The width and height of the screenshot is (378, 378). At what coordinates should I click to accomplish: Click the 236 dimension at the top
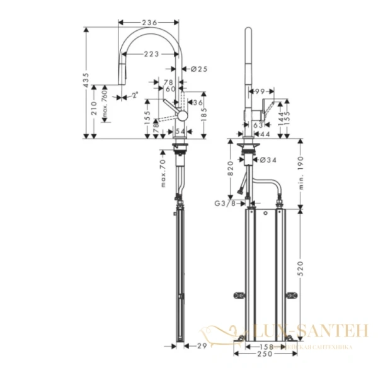pos(149,23)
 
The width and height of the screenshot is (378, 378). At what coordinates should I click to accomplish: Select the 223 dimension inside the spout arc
pos(150,55)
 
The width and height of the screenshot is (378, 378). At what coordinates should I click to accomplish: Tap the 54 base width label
pos(181,130)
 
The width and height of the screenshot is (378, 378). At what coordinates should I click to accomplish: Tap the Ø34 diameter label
pos(270,160)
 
